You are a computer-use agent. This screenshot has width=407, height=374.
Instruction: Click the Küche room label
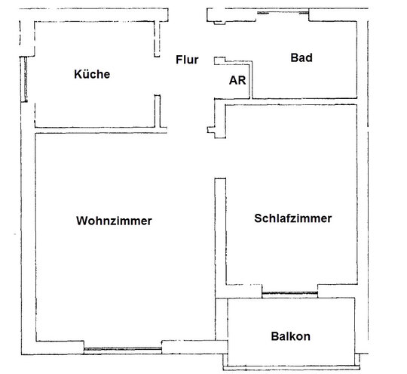(92, 74)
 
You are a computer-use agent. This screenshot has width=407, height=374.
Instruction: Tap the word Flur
(187, 60)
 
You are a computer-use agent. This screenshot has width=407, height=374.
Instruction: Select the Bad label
(301, 57)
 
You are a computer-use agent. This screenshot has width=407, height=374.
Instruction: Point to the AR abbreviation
(237, 80)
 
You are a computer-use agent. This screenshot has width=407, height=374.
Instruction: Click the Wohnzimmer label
(114, 221)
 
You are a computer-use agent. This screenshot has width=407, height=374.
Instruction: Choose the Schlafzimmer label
(292, 218)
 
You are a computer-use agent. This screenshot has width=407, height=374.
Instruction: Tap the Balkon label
(290, 336)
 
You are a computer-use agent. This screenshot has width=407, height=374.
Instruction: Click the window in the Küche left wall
(24, 79)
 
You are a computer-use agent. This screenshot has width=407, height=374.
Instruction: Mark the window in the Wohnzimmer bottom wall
(123, 349)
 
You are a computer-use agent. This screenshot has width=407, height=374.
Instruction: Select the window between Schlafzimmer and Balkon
(289, 293)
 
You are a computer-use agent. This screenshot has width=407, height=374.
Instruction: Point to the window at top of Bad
(283, 13)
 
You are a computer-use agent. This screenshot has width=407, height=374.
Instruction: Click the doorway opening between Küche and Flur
(158, 76)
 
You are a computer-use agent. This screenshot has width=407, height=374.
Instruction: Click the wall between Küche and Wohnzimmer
(101, 130)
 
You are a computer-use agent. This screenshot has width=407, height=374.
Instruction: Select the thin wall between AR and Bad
(251, 80)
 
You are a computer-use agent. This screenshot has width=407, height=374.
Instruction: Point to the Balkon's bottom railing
(291, 367)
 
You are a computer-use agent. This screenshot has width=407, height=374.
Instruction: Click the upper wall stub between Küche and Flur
(157, 39)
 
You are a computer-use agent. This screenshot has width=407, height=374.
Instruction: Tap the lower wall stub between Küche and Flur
(158, 111)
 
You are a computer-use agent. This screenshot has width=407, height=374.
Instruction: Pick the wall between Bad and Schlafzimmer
(291, 101)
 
